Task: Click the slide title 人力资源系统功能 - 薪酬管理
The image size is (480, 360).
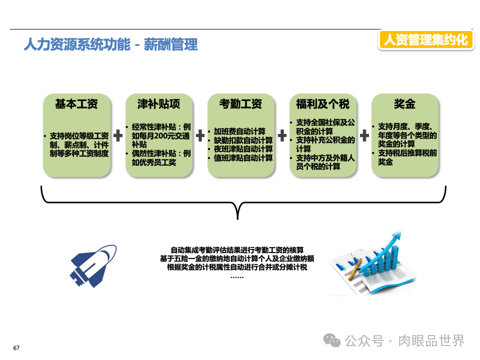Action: click(110, 44)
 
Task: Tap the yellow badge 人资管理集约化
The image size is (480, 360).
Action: click(425, 39)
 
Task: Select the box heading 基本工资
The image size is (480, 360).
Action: click(76, 104)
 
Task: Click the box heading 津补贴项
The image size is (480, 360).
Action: click(158, 104)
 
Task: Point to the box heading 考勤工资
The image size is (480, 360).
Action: click(240, 104)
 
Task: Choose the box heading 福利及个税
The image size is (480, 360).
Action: click(322, 104)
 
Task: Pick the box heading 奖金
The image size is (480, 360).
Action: click(404, 104)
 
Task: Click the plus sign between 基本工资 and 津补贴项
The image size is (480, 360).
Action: click(118, 135)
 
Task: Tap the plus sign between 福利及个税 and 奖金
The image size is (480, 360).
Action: click(364, 135)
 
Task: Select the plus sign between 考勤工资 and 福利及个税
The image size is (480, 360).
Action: click(282, 135)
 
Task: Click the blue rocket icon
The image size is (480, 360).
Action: click(93, 261)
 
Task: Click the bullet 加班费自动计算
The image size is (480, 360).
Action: click(239, 131)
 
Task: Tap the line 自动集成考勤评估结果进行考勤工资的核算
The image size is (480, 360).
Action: click(237, 250)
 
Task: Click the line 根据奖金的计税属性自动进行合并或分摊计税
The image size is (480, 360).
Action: click(237, 267)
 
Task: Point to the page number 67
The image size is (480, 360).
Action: click(16, 348)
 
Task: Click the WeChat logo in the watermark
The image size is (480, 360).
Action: click(332, 340)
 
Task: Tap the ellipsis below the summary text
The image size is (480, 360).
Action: click(237, 276)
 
